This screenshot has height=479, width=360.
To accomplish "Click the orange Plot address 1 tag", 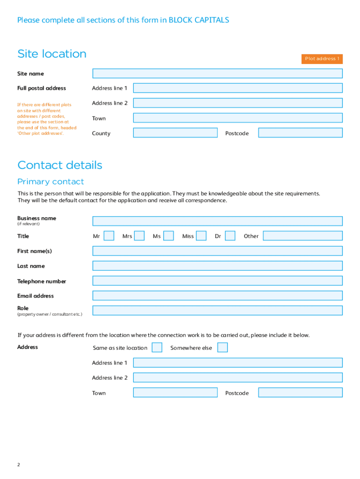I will point(322,59).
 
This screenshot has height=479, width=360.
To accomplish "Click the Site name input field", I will point(217,73).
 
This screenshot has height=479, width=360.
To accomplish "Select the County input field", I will point(175,133).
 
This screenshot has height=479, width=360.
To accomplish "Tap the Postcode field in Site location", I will point(300,133).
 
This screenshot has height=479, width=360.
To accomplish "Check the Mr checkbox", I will point(109,236).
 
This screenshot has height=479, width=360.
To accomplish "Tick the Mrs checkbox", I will point(139,236).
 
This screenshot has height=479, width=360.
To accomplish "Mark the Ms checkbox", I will point(169,236).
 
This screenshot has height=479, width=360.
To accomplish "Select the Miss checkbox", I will point(202,236).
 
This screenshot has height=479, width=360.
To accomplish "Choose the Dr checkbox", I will point(230,236).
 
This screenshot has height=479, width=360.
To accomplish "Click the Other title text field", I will point(302,236).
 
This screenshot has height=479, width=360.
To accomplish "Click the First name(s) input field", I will point(217,251).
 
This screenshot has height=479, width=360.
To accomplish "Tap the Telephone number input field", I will point(217,281).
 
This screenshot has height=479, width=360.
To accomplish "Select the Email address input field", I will point(217,296).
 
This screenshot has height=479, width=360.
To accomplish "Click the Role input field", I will point(217,311).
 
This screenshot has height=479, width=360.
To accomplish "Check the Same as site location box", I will point(158,348).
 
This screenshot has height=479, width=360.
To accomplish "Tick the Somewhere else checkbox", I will point(223,348).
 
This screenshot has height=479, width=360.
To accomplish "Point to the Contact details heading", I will point(60,165).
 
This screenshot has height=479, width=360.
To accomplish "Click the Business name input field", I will point(217,221).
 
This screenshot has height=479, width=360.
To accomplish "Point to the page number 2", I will point(19,464).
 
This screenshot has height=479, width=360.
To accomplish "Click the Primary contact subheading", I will point(50,181).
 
